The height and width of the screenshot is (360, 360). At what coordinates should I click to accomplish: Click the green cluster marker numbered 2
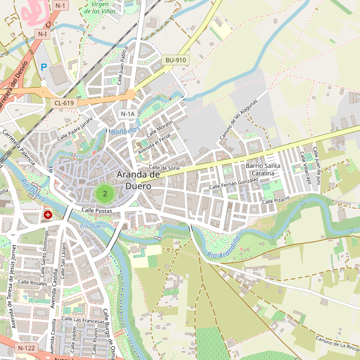105,193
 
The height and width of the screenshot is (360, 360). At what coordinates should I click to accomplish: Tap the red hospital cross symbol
47,214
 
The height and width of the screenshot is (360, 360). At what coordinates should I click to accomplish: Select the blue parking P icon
43,67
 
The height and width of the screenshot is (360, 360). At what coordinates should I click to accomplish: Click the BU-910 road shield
176,60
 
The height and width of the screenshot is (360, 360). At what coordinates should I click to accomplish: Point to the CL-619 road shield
64,103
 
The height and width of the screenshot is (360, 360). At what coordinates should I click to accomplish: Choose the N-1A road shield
128,113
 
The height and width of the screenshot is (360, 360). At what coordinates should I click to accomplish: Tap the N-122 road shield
26,348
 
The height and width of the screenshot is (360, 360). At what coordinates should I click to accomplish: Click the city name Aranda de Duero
139,180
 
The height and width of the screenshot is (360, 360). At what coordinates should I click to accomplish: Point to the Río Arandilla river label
223,247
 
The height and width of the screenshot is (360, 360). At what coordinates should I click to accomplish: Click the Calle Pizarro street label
275,200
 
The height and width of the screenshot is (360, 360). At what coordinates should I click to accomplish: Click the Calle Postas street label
97,210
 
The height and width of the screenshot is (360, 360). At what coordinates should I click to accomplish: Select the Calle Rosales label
32,282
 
